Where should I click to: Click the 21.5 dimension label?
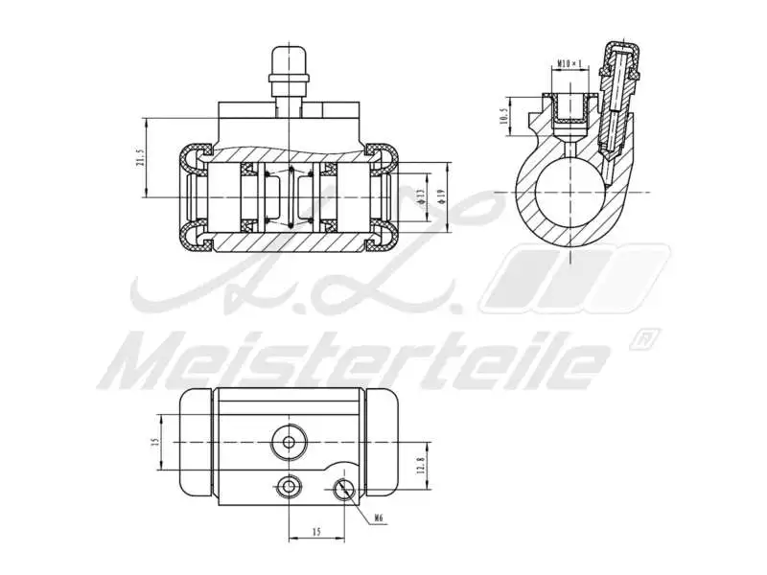click(139, 158)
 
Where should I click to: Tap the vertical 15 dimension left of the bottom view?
click(153, 443)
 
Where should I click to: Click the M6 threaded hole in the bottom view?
click(344, 489)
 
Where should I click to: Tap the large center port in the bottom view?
click(288, 442)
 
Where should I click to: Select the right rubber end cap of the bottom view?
click(382, 443)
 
